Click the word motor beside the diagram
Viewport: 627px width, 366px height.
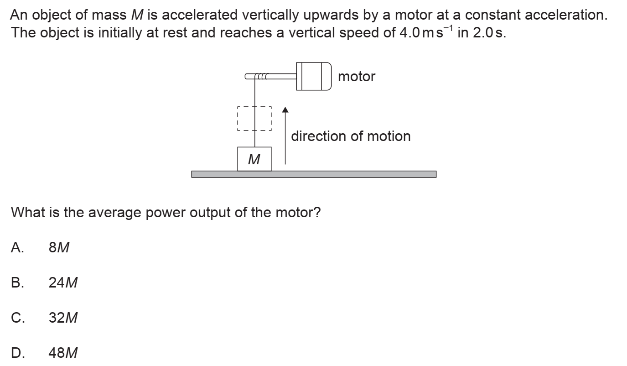[x=357, y=77]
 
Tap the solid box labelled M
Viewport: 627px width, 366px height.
[x=254, y=159]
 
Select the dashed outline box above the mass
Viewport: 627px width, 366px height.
[x=254, y=119]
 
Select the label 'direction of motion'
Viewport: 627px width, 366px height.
[x=350, y=136]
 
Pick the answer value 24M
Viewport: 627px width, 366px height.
[x=63, y=283]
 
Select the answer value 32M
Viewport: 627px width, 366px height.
[x=63, y=318]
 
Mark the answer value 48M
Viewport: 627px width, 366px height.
[x=63, y=353]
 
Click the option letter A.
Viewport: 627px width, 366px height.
[x=17, y=248]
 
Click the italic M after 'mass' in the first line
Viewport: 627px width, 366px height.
[x=135, y=15]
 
